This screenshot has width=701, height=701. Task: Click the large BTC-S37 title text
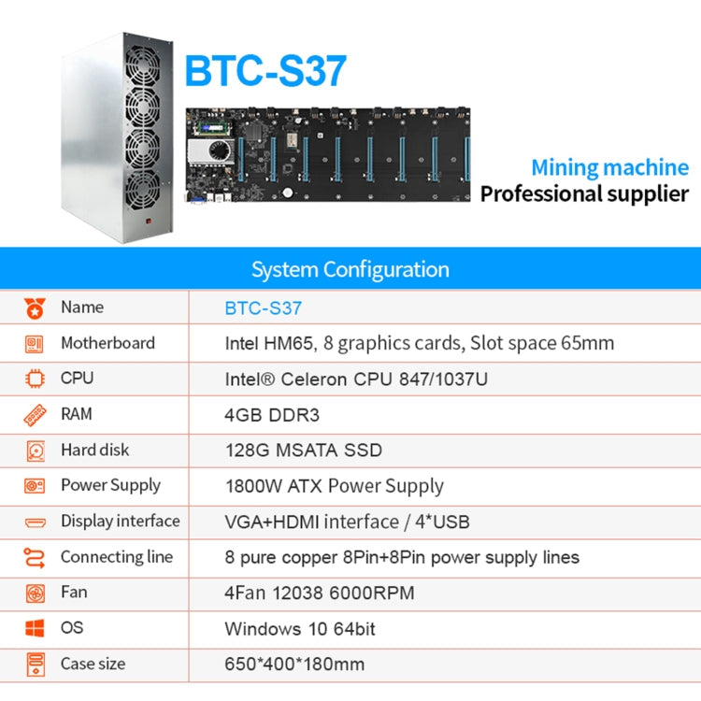(x=265, y=70)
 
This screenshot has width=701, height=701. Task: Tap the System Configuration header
(x=350, y=270)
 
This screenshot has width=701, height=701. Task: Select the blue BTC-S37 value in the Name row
(x=263, y=308)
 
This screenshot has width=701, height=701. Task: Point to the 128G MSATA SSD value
(x=303, y=450)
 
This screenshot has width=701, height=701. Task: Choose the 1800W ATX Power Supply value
(x=334, y=486)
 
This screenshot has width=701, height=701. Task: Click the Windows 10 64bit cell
(x=299, y=629)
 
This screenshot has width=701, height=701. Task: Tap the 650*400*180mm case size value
(x=294, y=665)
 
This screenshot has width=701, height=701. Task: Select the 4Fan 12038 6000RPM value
(x=319, y=593)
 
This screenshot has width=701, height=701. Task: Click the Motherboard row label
(x=107, y=343)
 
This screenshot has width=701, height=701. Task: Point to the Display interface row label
(x=120, y=521)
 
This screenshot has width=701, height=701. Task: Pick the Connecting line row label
(x=116, y=557)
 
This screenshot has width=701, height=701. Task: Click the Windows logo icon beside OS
(x=35, y=628)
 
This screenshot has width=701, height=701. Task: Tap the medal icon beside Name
(x=35, y=308)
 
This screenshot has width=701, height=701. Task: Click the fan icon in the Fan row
(x=35, y=593)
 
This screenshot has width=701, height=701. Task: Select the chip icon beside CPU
(x=35, y=379)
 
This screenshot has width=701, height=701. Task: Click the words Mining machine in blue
(x=609, y=168)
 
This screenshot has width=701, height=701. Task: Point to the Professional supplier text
(x=584, y=194)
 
